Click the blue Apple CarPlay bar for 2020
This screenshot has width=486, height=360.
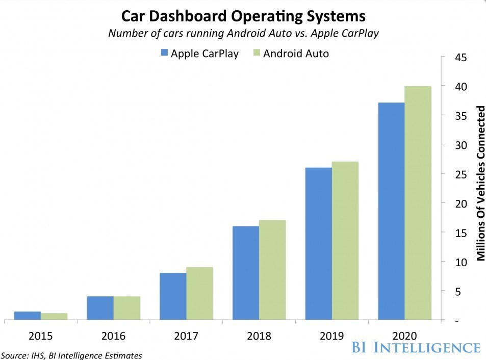391,211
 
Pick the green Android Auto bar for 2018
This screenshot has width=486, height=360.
272,270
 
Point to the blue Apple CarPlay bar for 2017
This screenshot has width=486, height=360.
173,296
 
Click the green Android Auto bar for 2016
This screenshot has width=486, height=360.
126,308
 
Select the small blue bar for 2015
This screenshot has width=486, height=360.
27,316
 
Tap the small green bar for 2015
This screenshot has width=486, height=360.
54,317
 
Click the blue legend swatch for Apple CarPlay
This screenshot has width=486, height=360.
164,53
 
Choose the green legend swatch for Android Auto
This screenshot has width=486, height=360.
257,53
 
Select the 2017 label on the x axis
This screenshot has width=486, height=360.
186,337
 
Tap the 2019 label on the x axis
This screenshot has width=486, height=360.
331,337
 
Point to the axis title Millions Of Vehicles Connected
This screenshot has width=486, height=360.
480,183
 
